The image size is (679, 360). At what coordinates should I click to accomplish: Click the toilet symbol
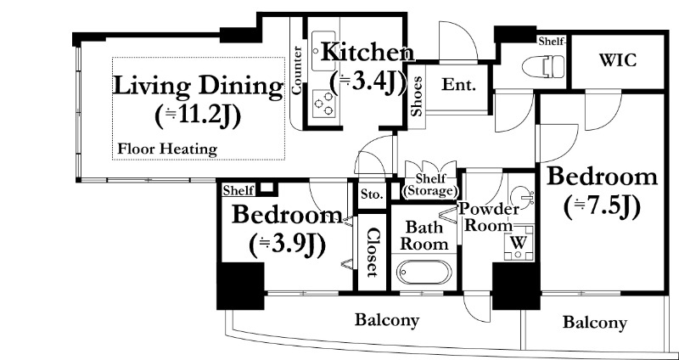tap(543, 66)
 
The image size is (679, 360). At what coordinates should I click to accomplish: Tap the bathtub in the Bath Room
tap(424, 273)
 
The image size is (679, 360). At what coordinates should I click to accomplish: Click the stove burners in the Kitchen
tap(323, 103)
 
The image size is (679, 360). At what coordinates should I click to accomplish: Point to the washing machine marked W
tap(519, 243)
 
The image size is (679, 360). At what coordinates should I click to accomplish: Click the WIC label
tap(618, 60)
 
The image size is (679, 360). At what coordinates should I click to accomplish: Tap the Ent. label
tap(458, 85)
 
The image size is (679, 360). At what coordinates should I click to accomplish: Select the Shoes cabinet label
tap(417, 97)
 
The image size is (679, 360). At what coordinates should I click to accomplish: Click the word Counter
tap(297, 70)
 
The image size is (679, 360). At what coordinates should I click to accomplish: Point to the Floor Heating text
tap(167, 149)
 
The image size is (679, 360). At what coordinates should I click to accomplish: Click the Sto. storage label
tap(372, 194)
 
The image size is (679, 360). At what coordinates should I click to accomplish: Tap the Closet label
tap(372, 252)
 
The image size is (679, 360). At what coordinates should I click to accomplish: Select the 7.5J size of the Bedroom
tap(602, 207)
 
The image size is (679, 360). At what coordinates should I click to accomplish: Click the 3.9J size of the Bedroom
tap(287, 245)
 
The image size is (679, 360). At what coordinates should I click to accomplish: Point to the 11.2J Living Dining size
tap(198, 116)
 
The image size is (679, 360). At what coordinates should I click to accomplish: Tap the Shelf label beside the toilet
tap(551, 42)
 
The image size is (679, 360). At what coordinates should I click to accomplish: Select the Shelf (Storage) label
tap(429, 185)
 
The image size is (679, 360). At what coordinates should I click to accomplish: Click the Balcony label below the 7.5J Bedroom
tap(595, 323)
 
